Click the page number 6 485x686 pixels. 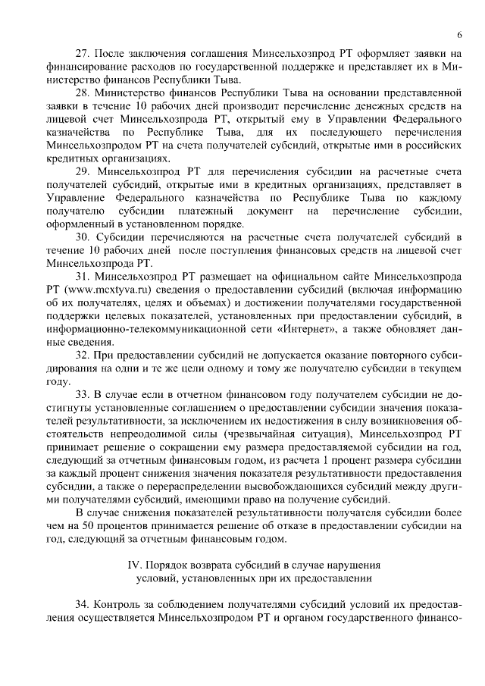pyautogui.click(x=459, y=35)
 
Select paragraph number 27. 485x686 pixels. pyautogui.click(x=82, y=55)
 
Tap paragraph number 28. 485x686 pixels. pyautogui.click(x=82, y=93)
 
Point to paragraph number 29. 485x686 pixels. pyautogui.click(x=82, y=172)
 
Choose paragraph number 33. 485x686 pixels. pyautogui.click(x=82, y=394)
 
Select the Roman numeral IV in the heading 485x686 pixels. pyautogui.click(x=133, y=565)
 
